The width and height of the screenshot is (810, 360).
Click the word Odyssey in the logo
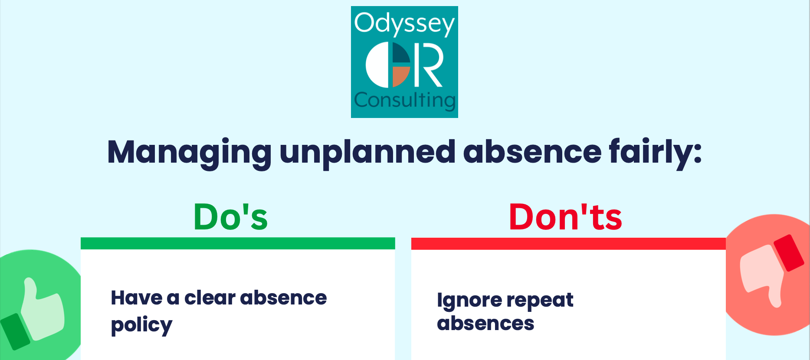point(404,23)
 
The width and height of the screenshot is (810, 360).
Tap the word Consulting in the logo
point(404,100)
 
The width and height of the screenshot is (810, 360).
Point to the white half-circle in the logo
point(377,65)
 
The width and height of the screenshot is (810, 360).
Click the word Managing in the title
point(189,153)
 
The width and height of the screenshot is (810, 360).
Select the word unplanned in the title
point(367,153)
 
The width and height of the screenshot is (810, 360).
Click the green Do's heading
point(230,217)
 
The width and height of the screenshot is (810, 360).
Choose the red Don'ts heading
point(565,217)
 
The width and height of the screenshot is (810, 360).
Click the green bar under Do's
point(238,243)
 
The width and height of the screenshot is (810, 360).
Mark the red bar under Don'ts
point(568,243)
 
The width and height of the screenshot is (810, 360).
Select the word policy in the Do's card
point(141,325)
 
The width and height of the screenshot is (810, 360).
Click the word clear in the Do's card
point(210,298)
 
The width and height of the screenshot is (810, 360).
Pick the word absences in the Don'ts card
point(485,324)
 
